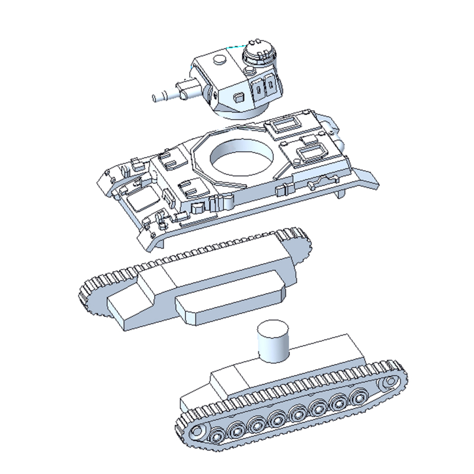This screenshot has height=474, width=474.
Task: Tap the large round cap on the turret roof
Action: click(219, 60)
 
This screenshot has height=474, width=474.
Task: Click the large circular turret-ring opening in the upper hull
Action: click(242, 158)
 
